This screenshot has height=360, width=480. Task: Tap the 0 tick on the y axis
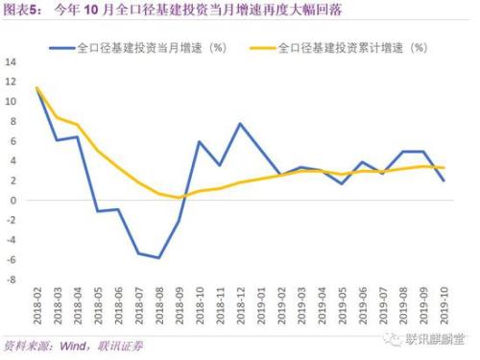(x=13, y=201)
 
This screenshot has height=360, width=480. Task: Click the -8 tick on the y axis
(x=12, y=279)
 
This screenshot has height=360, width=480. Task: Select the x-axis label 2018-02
(x=37, y=307)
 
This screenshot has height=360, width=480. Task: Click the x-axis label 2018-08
(x=158, y=307)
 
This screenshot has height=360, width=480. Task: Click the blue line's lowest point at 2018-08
(x=158, y=257)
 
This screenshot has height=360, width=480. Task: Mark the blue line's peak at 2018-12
(x=240, y=124)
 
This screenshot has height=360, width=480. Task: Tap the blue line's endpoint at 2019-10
(x=443, y=181)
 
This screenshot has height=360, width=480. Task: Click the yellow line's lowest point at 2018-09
(x=179, y=198)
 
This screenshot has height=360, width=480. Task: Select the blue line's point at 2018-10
(x=199, y=142)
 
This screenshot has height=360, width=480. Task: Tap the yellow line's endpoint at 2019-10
(x=443, y=168)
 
